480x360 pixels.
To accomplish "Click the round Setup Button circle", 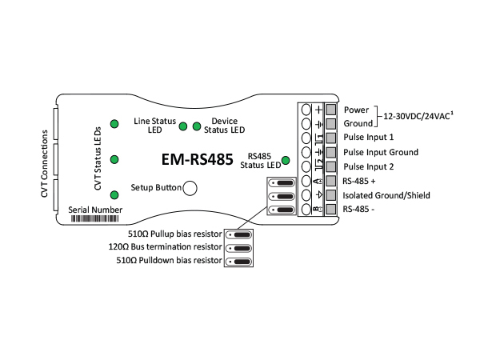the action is [x=190, y=188].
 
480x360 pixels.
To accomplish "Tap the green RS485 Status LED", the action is [x=286, y=161].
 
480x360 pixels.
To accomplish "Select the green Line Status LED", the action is [x=183, y=126].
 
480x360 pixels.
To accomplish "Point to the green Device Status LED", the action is [x=197, y=126].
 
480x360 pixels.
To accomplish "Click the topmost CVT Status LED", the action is [x=114, y=124].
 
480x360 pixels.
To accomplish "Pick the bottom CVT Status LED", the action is [x=114, y=195].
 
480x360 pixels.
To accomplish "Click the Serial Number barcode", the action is [x=95, y=218].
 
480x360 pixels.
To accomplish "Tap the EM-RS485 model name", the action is [x=197, y=159].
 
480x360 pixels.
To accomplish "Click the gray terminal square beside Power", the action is [x=330, y=110].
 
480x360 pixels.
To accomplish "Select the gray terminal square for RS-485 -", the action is [x=330, y=209].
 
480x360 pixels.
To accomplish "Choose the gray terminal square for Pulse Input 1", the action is [x=330, y=138].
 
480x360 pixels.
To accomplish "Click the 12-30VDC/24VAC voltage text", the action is [x=418, y=116].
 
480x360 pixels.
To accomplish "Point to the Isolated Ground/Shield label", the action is [x=386, y=195].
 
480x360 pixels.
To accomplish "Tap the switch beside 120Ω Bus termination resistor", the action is [x=238, y=248].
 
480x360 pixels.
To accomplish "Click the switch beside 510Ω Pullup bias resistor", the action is [x=238, y=234].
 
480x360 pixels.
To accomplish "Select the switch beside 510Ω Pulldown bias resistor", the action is [x=238, y=262].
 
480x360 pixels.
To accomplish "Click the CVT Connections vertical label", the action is [x=45, y=164].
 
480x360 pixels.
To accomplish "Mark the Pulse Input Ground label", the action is [x=381, y=152].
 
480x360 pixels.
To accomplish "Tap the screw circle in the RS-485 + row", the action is [x=306, y=181].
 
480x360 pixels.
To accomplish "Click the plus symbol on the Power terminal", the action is [x=319, y=110].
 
